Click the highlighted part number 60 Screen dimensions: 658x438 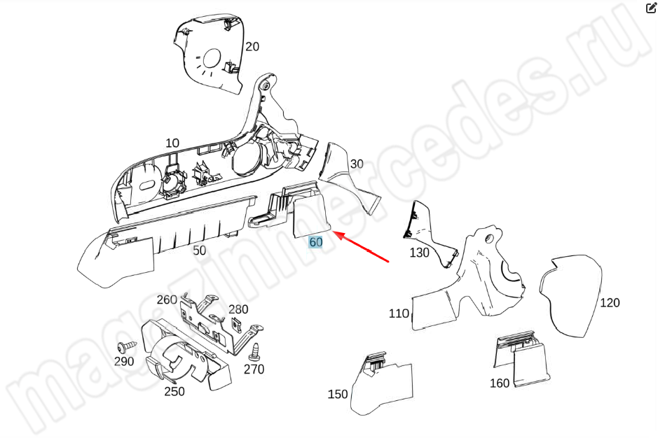click(x=315, y=242)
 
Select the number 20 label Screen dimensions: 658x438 click(x=252, y=46)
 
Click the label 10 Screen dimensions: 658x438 click(x=172, y=143)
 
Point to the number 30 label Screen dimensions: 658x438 click(x=357, y=164)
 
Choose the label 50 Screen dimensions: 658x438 click(x=199, y=250)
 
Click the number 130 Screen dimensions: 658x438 click(x=419, y=253)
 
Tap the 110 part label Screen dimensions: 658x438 click(x=399, y=313)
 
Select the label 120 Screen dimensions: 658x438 click(x=610, y=303)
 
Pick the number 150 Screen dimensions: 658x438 click(x=338, y=394)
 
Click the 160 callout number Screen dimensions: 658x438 click(x=500, y=383)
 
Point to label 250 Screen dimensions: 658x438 click(x=174, y=392)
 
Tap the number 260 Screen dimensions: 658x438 click(x=167, y=300)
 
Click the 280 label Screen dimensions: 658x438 click(x=238, y=309)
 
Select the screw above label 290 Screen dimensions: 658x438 click(x=127, y=346)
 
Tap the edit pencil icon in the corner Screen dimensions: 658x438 click(x=651, y=8)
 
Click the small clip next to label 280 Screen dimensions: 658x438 click(x=237, y=323)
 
